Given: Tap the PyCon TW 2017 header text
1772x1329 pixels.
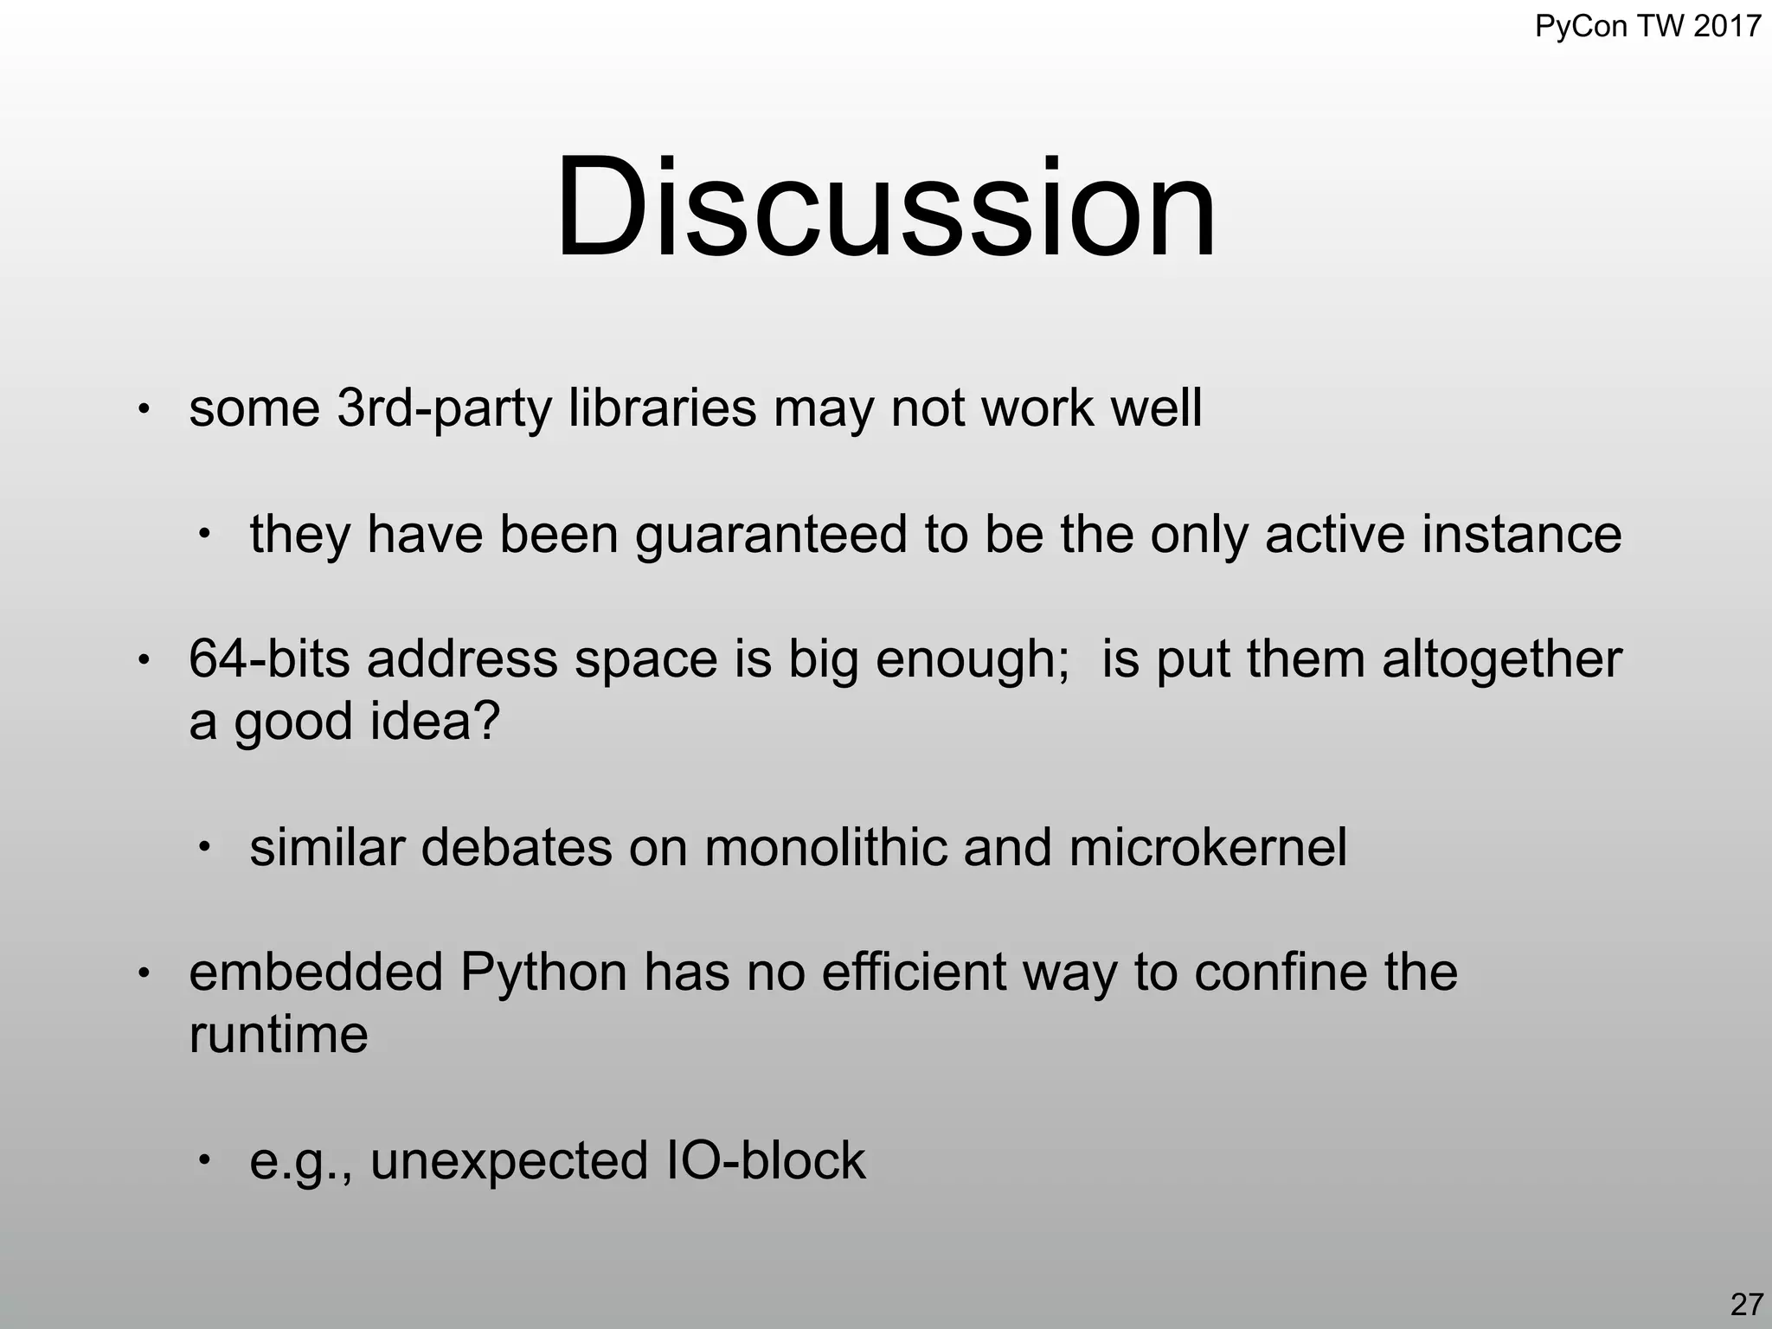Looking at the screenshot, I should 1647,26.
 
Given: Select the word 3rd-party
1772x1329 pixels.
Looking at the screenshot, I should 444,408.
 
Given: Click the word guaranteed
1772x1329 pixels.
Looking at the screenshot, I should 771,535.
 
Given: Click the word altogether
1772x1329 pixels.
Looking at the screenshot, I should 1501,660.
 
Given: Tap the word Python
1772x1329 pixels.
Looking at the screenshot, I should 543,972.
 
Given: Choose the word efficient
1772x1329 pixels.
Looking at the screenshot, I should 913,972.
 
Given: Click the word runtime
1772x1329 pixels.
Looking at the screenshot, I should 278,1034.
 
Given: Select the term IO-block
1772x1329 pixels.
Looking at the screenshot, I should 766,1160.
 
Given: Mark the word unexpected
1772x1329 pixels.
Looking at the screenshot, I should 509,1162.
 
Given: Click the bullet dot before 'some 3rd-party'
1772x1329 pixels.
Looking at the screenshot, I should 144,408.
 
